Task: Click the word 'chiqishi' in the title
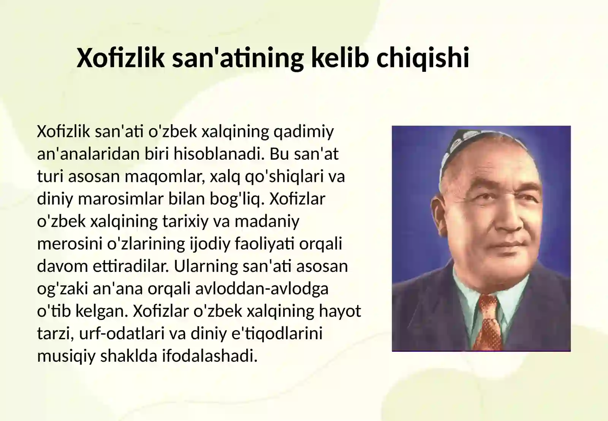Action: point(423,58)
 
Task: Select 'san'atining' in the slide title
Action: point(238,58)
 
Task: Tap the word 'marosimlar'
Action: point(125,199)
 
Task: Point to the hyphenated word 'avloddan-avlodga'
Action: point(262,289)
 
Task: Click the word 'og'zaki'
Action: point(62,289)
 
